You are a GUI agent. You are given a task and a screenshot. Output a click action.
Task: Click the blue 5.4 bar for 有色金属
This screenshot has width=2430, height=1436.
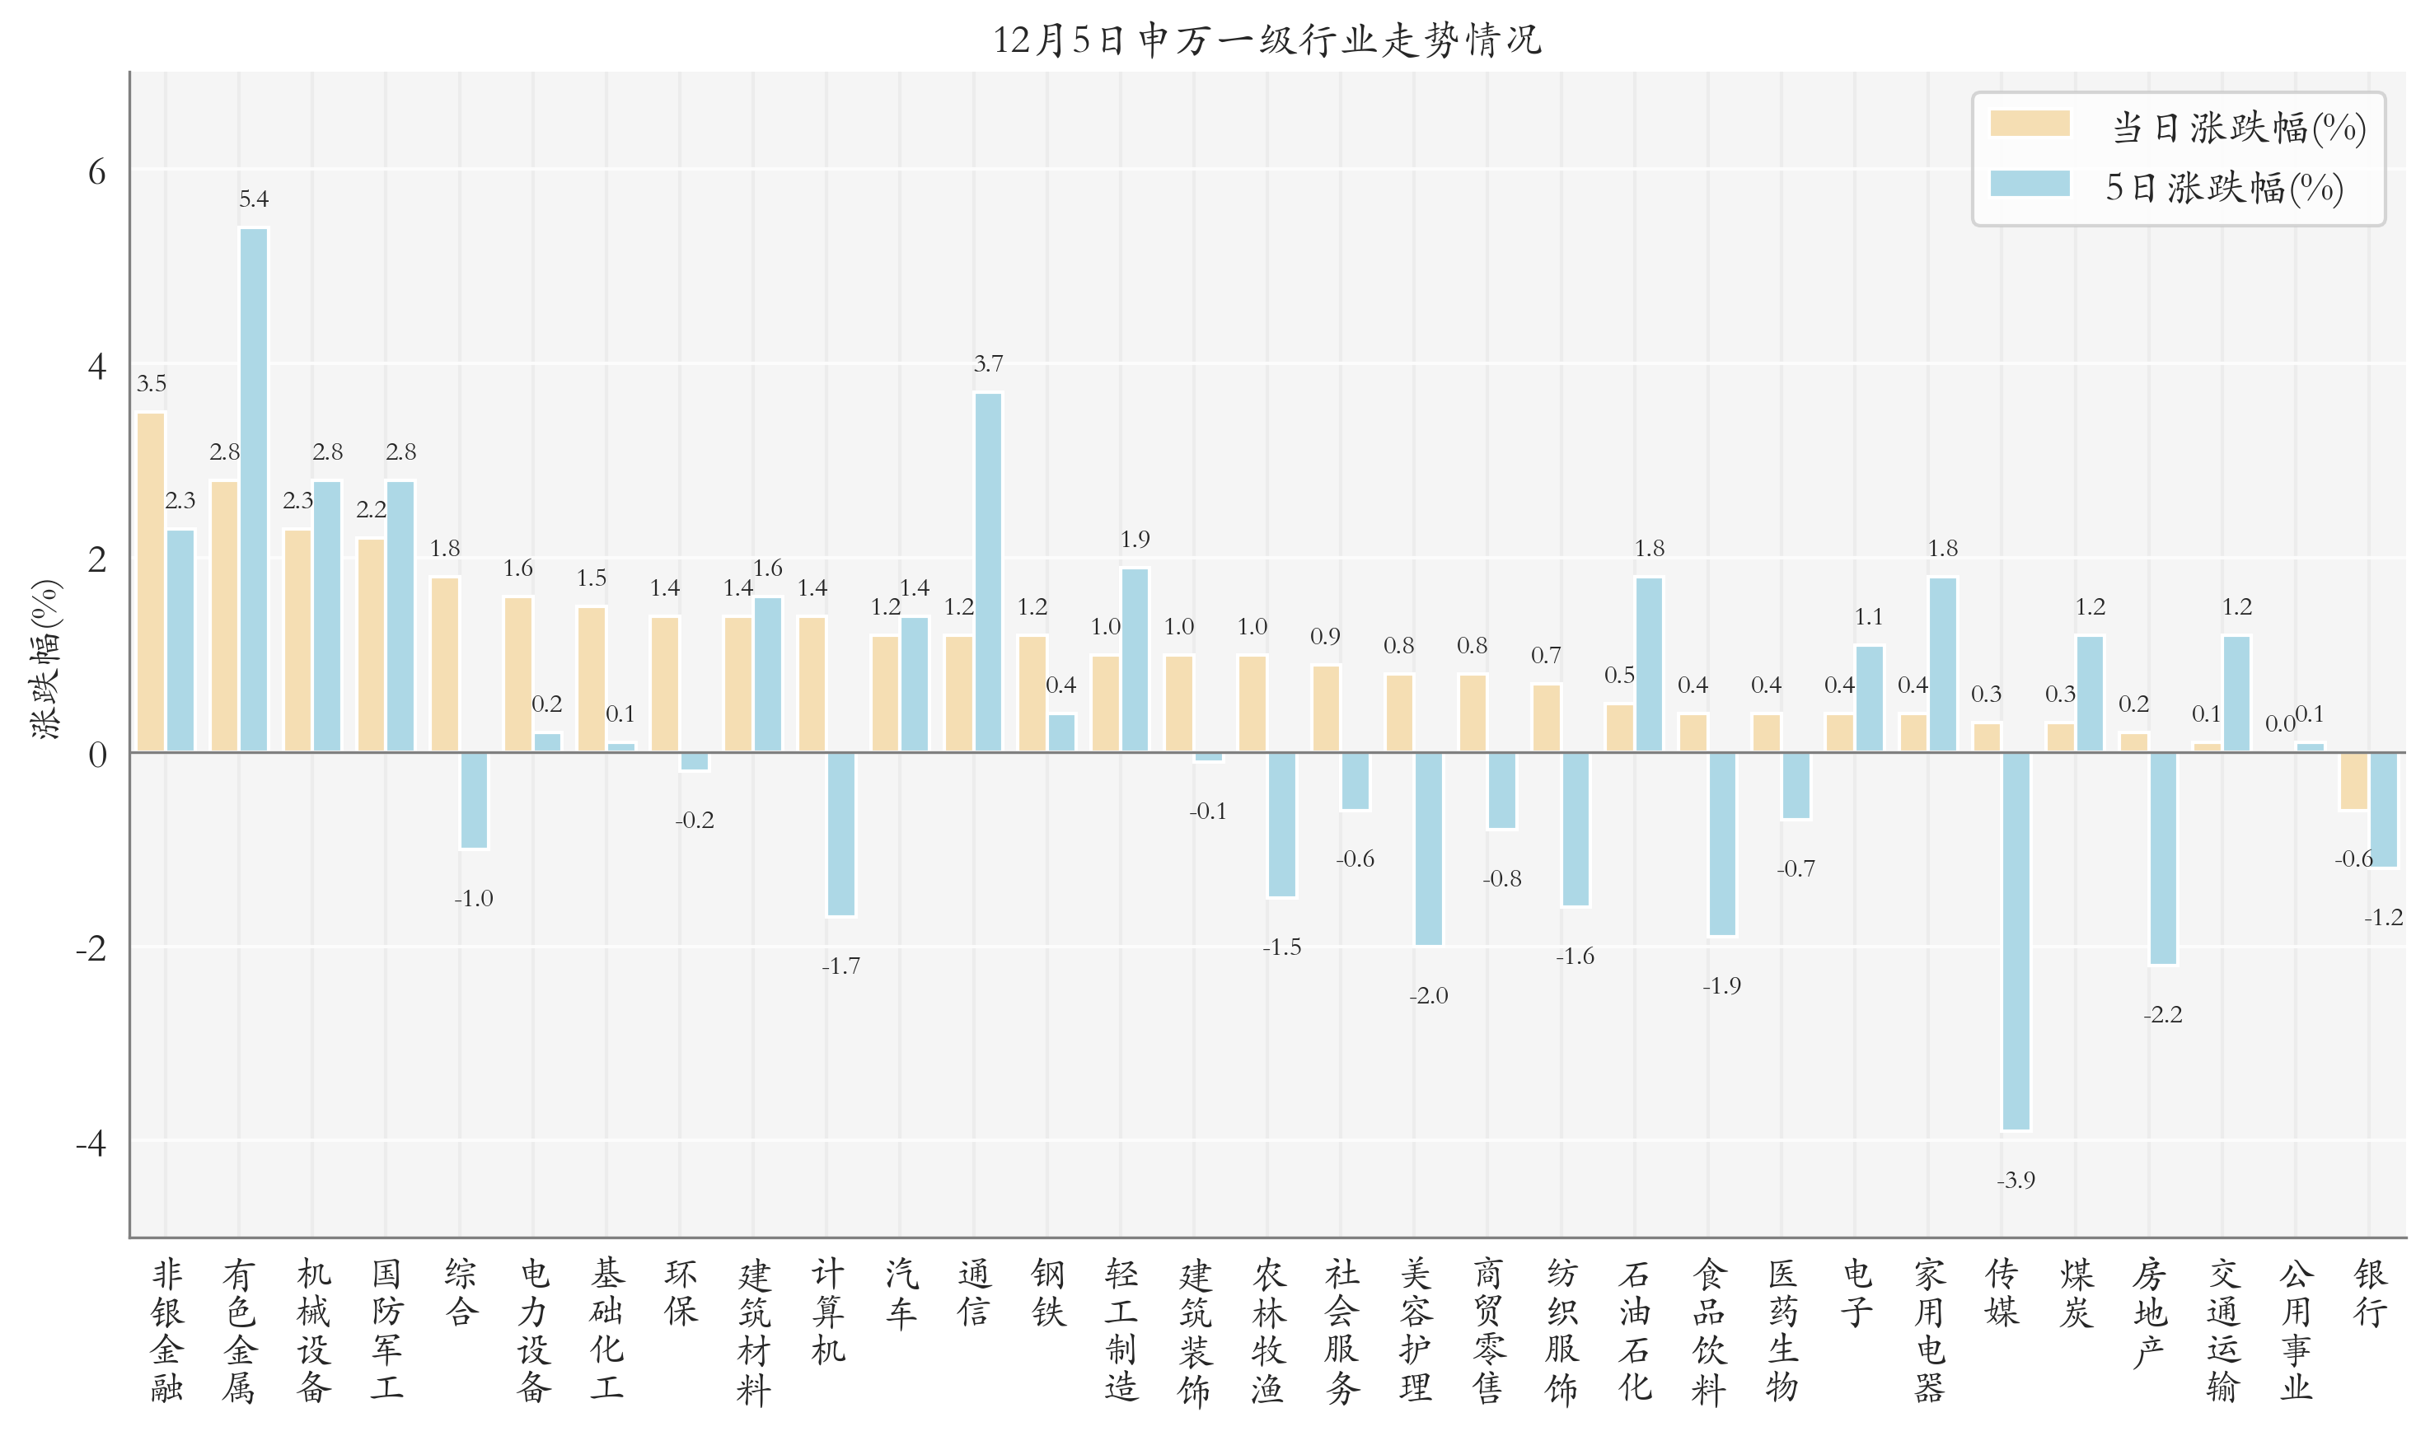pyautogui.click(x=254, y=489)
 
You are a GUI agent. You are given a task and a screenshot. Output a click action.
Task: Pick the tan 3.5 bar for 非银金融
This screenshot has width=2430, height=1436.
pyautogui.click(x=151, y=582)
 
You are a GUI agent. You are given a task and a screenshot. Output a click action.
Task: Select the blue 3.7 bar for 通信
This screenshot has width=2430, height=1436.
pyautogui.click(x=988, y=572)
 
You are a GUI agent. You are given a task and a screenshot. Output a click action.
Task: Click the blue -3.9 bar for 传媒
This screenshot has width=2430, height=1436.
pyautogui.click(x=2016, y=941)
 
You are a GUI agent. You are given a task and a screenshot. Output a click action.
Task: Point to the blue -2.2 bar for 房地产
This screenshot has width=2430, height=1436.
pyautogui.click(x=2163, y=858)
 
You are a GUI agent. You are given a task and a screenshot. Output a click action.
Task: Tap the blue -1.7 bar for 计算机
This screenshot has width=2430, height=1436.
pyautogui.click(x=841, y=834)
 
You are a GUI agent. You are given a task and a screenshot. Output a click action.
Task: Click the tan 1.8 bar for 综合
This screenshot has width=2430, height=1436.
pyautogui.click(x=444, y=664)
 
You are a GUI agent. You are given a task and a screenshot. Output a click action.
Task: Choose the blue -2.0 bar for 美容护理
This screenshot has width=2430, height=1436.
pyautogui.click(x=1428, y=849)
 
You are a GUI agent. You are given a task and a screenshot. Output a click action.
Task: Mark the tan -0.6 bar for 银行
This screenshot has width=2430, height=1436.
pyautogui.click(x=2353, y=781)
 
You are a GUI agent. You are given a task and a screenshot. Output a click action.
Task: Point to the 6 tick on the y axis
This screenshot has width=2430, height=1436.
pyautogui.click(x=96, y=172)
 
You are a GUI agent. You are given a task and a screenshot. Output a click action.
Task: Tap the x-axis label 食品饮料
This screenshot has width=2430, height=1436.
pyautogui.click(x=1708, y=1331)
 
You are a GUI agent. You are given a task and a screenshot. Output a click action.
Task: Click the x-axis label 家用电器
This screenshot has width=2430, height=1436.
pyautogui.click(x=1929, y=1331)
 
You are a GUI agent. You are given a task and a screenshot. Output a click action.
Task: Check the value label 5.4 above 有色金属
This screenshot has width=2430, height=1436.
pyautogui.click(x=254, y=199)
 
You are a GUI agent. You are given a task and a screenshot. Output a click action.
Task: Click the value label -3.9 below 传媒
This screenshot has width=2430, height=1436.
pyautogui.click(x=2016, y=1180)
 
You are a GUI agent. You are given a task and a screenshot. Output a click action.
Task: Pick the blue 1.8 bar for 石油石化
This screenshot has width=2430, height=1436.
pyautogui.click(x=1649, y=664)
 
